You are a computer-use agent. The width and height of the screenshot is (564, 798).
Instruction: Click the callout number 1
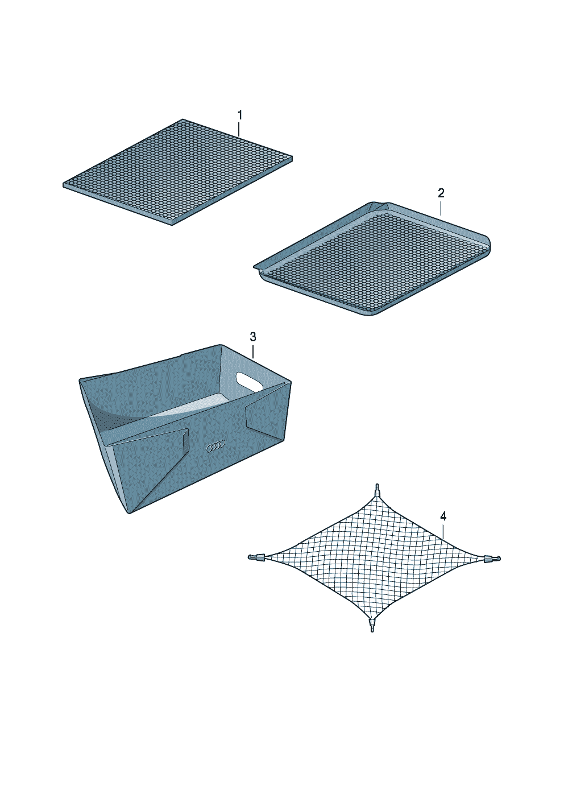239,115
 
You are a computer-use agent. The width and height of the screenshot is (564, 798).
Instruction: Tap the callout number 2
441,193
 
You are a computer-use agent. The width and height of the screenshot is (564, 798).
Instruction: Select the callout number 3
253,337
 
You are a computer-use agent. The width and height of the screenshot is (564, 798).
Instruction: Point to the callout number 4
443,516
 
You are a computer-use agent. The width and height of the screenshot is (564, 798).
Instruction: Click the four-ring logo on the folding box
215,446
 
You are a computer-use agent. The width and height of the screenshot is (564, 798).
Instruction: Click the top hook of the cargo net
378,490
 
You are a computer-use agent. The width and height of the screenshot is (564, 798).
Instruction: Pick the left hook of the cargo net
257,557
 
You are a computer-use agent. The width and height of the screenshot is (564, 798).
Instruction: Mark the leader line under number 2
441,208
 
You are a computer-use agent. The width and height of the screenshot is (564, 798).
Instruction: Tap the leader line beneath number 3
253,351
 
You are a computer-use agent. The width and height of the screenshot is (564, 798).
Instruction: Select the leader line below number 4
443,530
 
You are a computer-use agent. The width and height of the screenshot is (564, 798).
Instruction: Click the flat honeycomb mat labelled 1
178,172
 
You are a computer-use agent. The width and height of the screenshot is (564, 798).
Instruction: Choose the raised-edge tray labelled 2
372,259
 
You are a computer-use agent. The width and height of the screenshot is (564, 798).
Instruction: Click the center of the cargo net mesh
374,557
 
